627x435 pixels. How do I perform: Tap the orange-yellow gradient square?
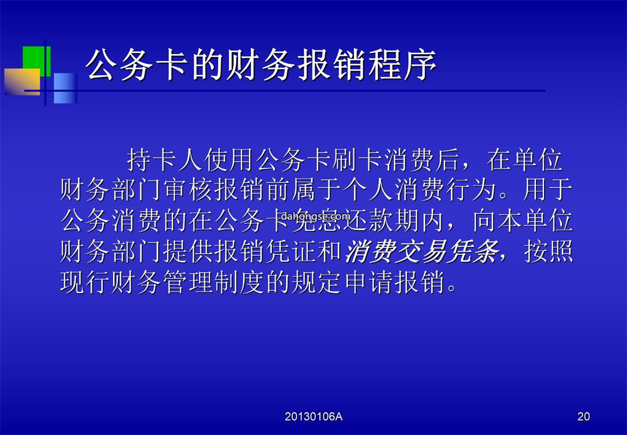pos(23,82)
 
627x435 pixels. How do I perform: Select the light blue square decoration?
pos(65,88)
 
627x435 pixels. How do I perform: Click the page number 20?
pos(583,416)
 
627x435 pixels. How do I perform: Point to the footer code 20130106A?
pos(313,416)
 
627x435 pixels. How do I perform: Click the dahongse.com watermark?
pos(315,217)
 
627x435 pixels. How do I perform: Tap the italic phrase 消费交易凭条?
pos(421,252)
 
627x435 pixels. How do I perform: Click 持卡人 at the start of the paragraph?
pos(165,159)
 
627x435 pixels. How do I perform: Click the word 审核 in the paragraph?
pos(188,190)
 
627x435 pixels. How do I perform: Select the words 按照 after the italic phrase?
pos(549,252)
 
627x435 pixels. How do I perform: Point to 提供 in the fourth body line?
pos(188,252)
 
